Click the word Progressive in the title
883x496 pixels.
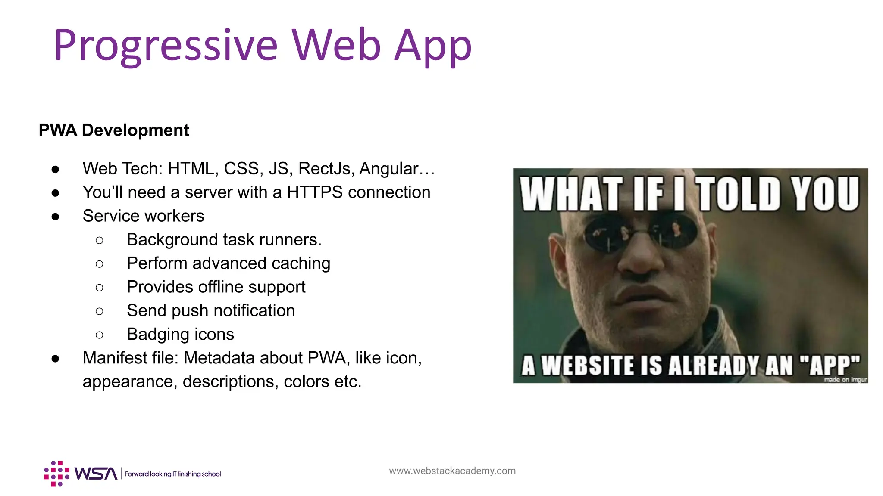click(x=166, y=46)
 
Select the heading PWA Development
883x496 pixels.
click(x=114, y=130)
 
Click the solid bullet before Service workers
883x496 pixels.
click(x=55, y=217)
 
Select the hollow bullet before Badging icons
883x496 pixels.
click(x=99, y=335)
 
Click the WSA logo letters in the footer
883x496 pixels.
click(x=96, y=474)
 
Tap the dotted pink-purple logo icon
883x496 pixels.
click(x=56, y=474)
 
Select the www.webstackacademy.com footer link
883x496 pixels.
click(x=452, y=471)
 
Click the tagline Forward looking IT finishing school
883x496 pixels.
click(x=173, y=474)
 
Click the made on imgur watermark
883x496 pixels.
click(x=845, y=379)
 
